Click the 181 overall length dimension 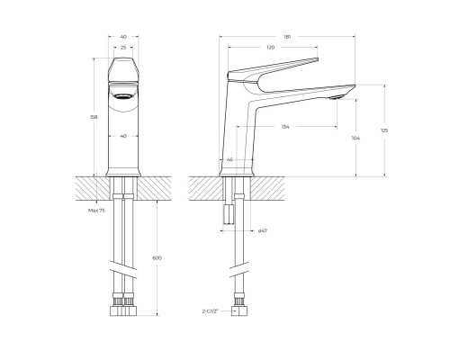pos(286,37)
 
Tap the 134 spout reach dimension pos(285,127)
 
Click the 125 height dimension pos(385,130)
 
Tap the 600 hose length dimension pos(157,257)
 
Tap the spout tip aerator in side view pos(338,94)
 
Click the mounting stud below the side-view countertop pos(228,213)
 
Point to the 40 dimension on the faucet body pos(123,135)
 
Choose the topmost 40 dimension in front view pos(123,37)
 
